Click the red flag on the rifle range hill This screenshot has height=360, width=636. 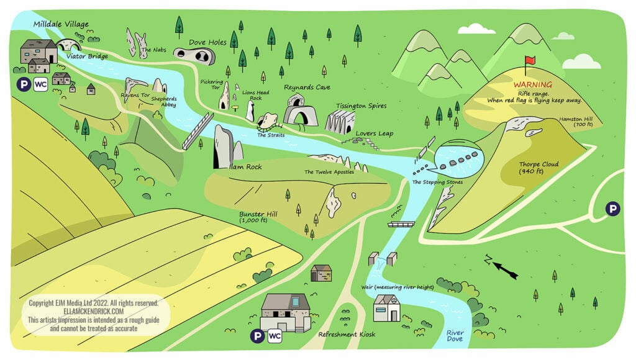530,60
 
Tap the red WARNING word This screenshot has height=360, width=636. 532,85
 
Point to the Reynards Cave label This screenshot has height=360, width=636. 307,88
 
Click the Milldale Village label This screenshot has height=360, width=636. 61,24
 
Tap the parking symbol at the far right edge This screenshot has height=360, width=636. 613,209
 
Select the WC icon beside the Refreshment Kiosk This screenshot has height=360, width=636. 275,336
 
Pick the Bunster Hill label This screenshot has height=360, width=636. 258,217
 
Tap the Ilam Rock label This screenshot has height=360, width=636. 245,167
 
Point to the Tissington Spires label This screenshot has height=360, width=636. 361,106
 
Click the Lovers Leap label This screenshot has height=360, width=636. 375,133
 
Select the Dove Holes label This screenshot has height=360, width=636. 207,42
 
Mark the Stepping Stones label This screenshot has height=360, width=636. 437,182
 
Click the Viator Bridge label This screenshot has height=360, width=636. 87,56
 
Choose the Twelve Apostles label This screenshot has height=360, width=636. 329,172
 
